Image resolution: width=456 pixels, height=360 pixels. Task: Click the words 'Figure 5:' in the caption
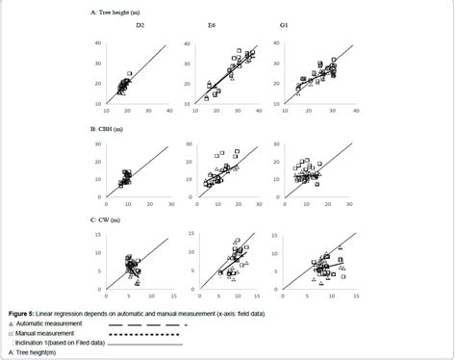pos(24,314)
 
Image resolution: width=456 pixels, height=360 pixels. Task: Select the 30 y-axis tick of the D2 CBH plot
pos(101,145)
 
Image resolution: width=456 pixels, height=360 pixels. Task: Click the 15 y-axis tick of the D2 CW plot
pos(101,234)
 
